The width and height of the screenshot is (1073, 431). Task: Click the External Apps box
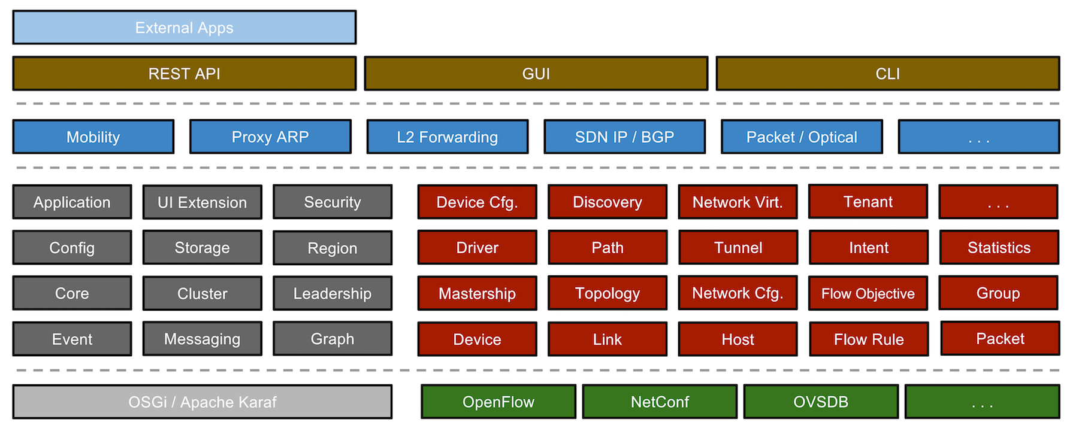[184, 28]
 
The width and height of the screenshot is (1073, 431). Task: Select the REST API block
[184, 74]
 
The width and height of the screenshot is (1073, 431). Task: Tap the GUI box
[536, 74]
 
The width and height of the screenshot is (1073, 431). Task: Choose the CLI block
[887, 74]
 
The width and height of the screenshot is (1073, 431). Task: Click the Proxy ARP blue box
[270, 137]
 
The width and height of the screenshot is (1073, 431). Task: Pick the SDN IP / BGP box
[624, 137]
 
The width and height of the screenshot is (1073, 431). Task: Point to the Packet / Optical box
[802, 137]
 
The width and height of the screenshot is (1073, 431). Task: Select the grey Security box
[333, 202]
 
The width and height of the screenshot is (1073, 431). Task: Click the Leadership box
[333, 293]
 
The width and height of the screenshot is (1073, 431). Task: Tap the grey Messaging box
[202, 339]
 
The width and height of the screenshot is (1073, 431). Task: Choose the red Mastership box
[477, 293]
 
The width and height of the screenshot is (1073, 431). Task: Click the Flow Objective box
[868, 293]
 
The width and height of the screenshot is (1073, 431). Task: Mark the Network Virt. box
[738, 202]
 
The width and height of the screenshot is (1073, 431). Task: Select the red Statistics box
[999, 248]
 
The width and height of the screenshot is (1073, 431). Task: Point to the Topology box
[607, 293]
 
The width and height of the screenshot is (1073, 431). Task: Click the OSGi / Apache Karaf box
[202, 402]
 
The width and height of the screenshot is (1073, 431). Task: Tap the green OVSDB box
[821, 402]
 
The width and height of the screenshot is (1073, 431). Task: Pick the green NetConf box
[660, 402]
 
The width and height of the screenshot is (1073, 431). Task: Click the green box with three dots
[982, 402]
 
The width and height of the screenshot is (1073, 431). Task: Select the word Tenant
[868, 202]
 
